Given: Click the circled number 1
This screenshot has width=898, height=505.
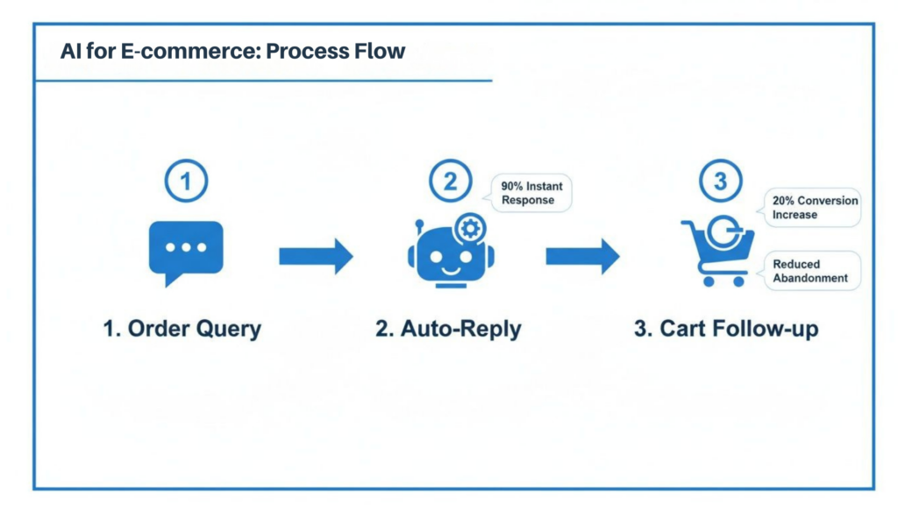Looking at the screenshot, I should click(x=186, y=182).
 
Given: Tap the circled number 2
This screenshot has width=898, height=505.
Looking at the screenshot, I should click(x=450, y=182).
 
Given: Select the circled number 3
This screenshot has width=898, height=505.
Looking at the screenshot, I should click(x=720, y=182).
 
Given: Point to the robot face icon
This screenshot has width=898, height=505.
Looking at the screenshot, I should click(x=450, y=257).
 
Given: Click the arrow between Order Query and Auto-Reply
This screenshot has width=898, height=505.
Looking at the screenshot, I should click(x=316, y=256).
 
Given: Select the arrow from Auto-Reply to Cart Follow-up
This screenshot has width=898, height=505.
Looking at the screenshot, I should click(x=582, y=256).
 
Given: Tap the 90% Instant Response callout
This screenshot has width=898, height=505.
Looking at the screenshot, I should click(x=531, y=193).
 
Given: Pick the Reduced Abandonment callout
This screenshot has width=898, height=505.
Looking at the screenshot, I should click(x=811, y=271).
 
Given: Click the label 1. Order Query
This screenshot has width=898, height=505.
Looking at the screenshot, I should click(x=182, y=330).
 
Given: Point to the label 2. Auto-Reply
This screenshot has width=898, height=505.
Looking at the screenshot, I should click(x=448, y=330).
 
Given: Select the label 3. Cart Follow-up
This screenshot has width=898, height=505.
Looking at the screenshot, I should click(x=726, y=330).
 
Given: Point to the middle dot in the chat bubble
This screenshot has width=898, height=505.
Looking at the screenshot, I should click(x=186, y=247).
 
